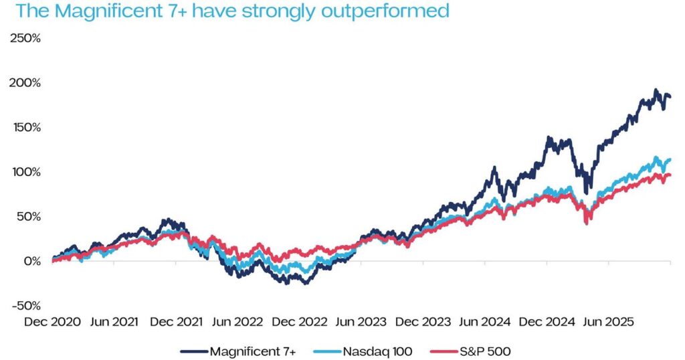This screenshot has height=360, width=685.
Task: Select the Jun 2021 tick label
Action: point(114,321)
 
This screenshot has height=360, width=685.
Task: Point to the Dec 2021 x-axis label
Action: point(176,321)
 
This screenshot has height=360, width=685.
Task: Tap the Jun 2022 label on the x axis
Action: point(237,321)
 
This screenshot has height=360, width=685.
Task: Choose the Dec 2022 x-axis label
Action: point(300,321)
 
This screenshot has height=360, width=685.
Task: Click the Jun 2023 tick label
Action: point(361,321)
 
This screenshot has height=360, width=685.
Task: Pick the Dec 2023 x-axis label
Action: point(423,321)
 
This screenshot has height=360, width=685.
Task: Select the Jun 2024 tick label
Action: point(485,321)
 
